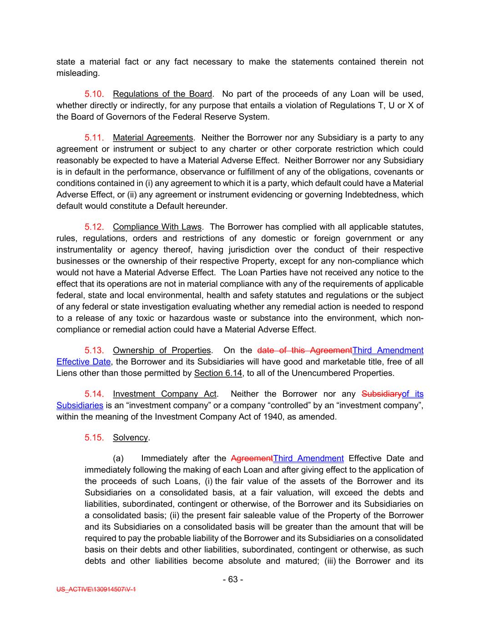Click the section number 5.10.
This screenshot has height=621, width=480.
click(x=94, y=94)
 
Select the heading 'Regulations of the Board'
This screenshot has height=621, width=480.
click(x=162, y=94)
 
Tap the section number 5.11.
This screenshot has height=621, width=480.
click(x=94, y=138)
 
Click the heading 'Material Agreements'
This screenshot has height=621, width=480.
click(x=153, y=138)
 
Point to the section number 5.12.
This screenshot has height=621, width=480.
click(x=94, y=227)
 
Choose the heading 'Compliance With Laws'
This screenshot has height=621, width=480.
click(x=157, y=227)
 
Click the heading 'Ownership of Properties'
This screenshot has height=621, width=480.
click(x=162, y=350)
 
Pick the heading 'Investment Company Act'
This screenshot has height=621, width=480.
click(x=164, y=394)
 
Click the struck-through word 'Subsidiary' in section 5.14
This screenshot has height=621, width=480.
click(x=381, y=394)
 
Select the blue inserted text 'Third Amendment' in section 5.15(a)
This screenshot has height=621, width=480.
click(x=308, y=458)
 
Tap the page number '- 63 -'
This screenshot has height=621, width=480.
click(x=233, y=579)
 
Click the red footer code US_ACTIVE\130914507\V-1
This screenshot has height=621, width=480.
click(x=96, y=589)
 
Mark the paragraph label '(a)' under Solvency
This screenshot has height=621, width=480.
click(x=118, y=458)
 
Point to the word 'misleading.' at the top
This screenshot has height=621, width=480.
click(x=78, y=73)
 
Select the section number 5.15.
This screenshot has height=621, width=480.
click(x=94, y=438)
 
